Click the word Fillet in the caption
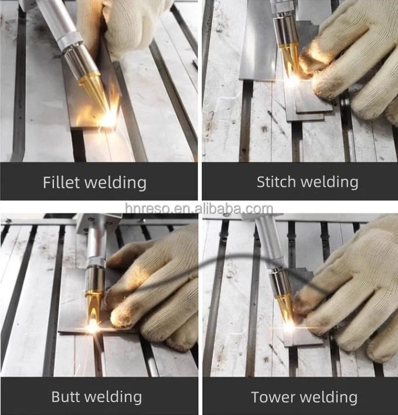click(61, 182)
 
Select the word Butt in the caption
click(67, 397)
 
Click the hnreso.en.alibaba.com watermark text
click(199, 209)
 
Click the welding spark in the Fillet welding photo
click(109, 118)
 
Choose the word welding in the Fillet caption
click(117, 183)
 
